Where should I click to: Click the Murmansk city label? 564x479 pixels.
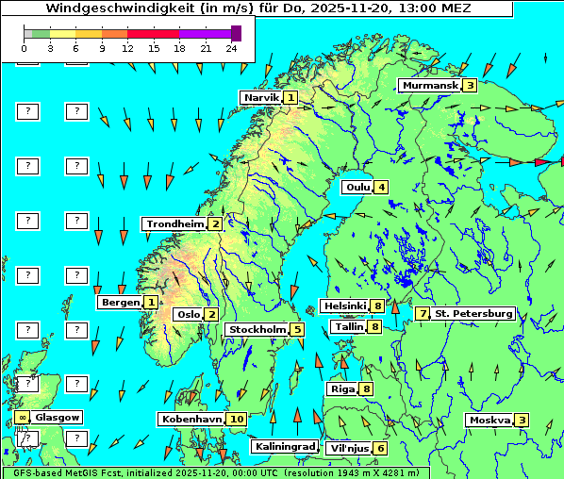pyautogui.click(x=429, y=86)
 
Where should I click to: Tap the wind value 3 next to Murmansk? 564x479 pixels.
pyautogui.click(x=469, y=86)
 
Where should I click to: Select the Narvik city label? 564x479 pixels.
pyautogui.click(x=261, y=98)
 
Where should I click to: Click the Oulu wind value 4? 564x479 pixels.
pyautogui.click(x=381, y=187)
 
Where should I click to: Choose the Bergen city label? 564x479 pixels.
pyautogui.click(x=122, y=303)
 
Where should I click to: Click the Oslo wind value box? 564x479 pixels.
pyautogui.click(x=211, y=315)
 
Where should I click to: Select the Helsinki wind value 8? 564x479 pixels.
pyautogui.click(x=376, y=306)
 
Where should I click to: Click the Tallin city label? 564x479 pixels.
pyautogui.click(x=349, y=327)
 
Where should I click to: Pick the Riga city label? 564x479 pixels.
pyautogui.click(x=341, y=388)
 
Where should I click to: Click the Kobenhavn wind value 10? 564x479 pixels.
pyautogui.click(x=236, y=419)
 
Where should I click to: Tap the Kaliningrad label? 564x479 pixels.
pyautogui.click(x=284, y=447)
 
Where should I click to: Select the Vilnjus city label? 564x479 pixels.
pyautogui.click(x=348, y=448)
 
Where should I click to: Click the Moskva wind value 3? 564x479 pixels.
pyautogui.click(x=522, y=421)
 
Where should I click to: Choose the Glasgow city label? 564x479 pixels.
pyautogui.click(x=58, y=417)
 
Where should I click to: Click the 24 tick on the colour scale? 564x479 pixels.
pyautogui.click(x=230, y=47)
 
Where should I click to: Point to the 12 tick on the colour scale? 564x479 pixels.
pyautogui.click(x=127, y=47)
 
